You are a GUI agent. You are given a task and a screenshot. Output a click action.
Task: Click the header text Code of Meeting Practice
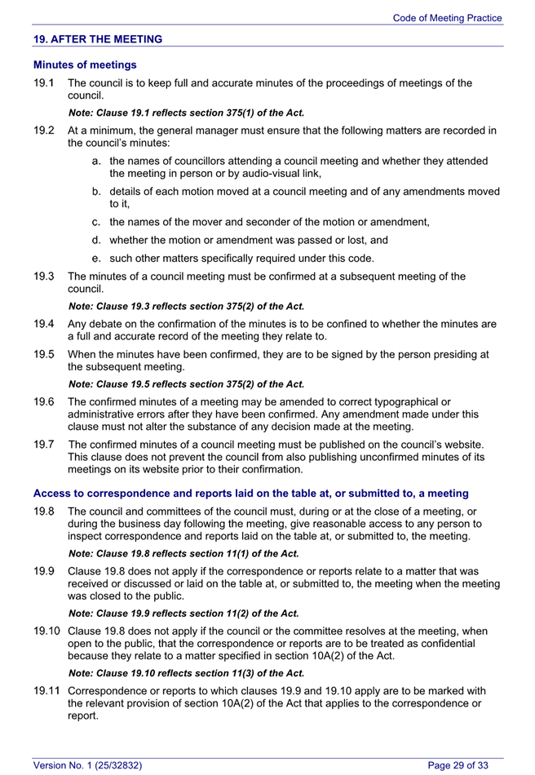pyautogui.click(x=447, y=18)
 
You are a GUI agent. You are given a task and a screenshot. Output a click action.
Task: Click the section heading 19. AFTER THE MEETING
pyautogui.click(x=97, y=39)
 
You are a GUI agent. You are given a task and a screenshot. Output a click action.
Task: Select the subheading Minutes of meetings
pyautogui.click(x=85, y=64)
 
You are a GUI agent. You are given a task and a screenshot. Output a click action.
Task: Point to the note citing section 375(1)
pyautogui.click(x=187, y=113)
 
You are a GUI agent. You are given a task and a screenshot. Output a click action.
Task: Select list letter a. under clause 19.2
pyautogui.click(x=97, y=162)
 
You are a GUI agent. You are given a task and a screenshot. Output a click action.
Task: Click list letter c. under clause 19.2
pyautogui.click(x=97, y=222)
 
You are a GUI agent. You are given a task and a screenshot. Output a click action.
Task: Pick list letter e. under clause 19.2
pyautogui.click(x=97, y=258)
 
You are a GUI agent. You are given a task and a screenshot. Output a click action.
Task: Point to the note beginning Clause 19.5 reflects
pyautogui.click(x=187, y=383)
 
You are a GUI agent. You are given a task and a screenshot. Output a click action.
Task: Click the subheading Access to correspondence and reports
pyautogui.click(x=250, y=494)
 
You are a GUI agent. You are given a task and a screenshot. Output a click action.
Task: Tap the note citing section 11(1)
pyautogui.click(x=183, y=553)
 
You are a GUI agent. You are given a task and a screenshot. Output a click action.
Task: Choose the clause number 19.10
pyautogui.click(x=46, y=631)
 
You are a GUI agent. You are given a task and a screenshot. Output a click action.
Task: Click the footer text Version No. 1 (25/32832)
pyautogui.click(x=87, y=765)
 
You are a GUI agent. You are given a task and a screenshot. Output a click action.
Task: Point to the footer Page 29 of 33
pyautogui.click(x=458, y=765)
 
